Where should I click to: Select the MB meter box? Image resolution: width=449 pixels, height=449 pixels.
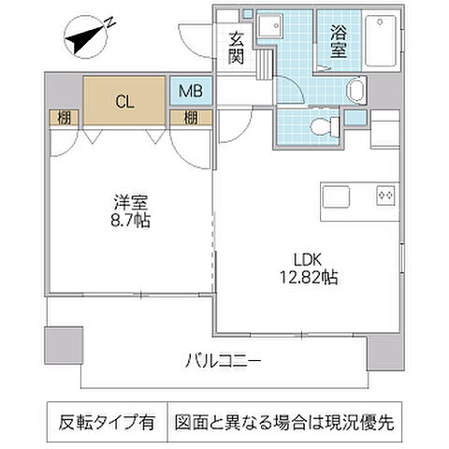click(x=190, y=93)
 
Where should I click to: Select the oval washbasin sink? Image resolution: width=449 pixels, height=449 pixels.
click(x=356, y=90)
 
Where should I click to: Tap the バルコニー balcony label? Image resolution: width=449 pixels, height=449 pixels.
click(x=222, y=360)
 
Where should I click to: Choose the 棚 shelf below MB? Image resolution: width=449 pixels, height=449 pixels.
click(x=190, y=117)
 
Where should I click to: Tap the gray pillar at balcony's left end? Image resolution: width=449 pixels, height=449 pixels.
click(x=63, y=343)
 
